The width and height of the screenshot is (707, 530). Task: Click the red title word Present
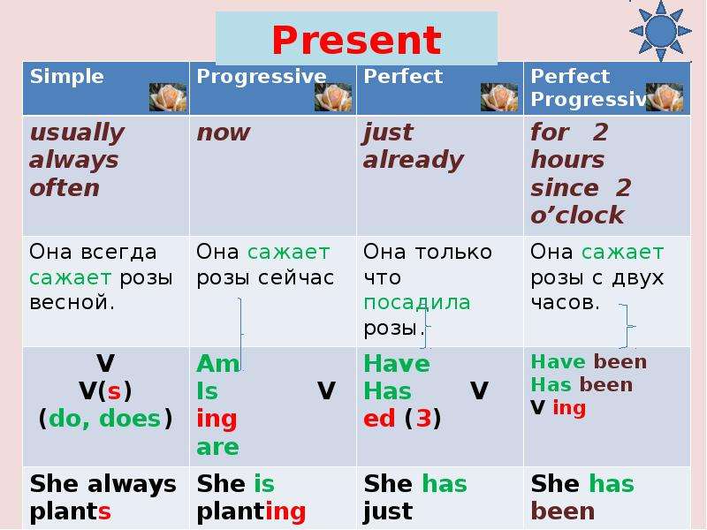(356, 40)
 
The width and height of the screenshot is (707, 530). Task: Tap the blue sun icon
(660, 31)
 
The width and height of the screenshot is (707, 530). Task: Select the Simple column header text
(67, 76)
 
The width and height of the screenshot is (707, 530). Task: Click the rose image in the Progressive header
(333, 97)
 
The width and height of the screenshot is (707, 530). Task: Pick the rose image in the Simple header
(168, 97)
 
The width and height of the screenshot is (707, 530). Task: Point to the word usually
(77, 133)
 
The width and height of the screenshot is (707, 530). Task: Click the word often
(65, 187)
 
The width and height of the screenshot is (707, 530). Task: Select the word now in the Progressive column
(224, 133)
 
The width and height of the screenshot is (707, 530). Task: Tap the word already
(414, 161)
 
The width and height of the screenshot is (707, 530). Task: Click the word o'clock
(577, 215)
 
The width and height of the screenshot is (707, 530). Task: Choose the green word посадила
(417, 303)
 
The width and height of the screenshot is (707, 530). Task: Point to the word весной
(72, 302)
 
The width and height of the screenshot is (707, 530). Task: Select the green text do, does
(104, 419)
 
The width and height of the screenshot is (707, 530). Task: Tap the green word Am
(217, 363)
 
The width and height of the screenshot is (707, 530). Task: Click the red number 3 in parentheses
(424, 418)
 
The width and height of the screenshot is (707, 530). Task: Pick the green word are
(217, 447)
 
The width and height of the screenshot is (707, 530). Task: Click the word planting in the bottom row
(251, 512)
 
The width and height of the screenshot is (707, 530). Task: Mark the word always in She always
(132, 485)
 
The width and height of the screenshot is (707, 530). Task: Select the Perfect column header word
(403, 76)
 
